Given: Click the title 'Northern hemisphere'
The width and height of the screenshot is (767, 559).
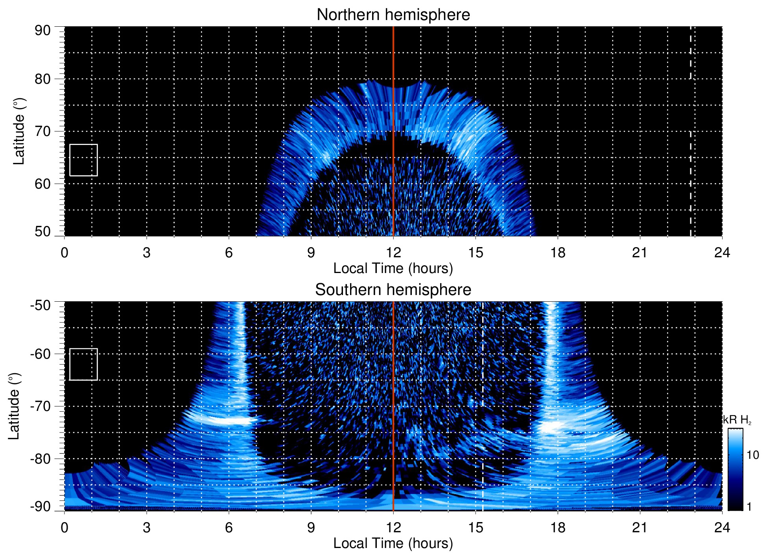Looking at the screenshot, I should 393,15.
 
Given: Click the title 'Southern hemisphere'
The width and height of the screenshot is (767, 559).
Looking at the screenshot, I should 393,290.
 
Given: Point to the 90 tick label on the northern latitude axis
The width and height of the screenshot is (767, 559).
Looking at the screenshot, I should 42,31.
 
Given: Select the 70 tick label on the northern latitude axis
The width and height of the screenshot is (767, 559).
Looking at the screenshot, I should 42,131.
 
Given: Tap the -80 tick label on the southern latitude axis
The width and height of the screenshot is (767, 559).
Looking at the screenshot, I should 41,458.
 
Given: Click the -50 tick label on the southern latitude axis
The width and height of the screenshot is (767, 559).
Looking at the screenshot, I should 41,305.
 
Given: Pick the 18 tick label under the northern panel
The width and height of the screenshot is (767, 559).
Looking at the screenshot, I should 557,253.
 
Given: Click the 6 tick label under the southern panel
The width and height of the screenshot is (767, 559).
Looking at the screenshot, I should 229,528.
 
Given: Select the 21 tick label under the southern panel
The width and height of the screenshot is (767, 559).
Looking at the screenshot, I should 640,528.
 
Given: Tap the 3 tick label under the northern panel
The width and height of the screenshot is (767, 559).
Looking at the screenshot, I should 146,253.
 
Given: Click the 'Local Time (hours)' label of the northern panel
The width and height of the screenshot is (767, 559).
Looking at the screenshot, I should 393,268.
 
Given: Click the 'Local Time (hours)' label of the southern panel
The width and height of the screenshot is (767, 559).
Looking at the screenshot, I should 393,543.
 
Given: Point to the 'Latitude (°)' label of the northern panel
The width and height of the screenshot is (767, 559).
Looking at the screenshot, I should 18,131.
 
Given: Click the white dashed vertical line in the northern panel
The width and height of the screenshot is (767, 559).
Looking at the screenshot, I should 690,177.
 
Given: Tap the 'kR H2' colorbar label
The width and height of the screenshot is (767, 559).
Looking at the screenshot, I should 737,420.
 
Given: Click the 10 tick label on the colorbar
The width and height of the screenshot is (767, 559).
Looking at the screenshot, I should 752,455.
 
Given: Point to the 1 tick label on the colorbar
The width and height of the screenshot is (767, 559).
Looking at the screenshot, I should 749,507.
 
